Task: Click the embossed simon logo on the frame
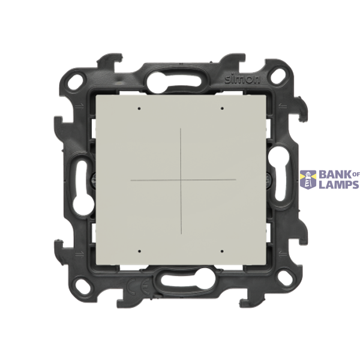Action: pyautogui.click(x=242, y=79)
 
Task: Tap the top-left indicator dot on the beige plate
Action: pyautogui.click(x=139, y=109)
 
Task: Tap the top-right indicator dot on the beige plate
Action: pyautogui.click(x=222, y=108)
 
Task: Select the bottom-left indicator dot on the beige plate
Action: pyautogui.click(x=139, y=251)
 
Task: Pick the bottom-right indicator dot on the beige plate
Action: pyautogui.click(x=222, y=251)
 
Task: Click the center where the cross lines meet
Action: pyautogui.click(x=181, y=180)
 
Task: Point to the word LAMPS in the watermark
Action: pyautogui.click(x=339, y=184)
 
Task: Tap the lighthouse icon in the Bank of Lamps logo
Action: pyautogui.click(x=308, y=180)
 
